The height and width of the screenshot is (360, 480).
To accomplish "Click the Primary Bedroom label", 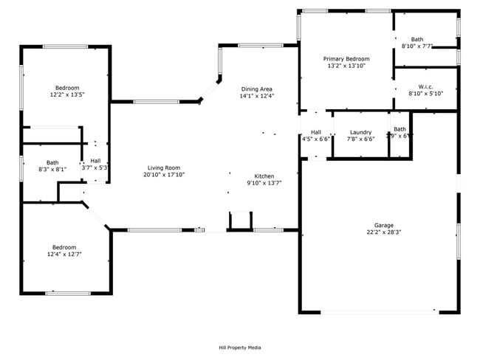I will click(346, 58).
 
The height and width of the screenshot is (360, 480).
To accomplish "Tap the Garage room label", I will click(384, 224).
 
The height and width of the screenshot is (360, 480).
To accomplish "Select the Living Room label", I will click(163, 167).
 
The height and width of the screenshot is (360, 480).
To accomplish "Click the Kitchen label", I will click(264, 176).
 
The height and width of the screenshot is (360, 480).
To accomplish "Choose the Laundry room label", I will click(360, 132).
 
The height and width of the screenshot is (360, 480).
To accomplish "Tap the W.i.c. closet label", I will click(425, 86).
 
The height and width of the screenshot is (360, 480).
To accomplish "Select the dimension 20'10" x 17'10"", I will click(163, 175).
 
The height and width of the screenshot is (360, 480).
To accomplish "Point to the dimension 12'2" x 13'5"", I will click(66, 94).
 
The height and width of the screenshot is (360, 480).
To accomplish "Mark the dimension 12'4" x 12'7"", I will click(64, 254).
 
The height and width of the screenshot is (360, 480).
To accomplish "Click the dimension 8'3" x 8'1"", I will click(52, 169).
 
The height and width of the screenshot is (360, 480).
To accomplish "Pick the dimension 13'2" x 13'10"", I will click(346, 66).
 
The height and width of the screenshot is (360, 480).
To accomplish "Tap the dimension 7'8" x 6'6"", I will click(360, 139).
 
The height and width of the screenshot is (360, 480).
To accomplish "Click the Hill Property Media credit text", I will click(239, 347).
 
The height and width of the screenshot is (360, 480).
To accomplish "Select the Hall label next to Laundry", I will click(316, 132).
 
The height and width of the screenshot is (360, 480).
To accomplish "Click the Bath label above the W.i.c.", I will click(417, 39).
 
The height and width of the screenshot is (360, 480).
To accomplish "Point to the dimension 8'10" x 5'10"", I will click(425, 94).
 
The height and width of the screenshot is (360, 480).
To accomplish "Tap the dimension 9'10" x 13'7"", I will click(264, 183).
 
